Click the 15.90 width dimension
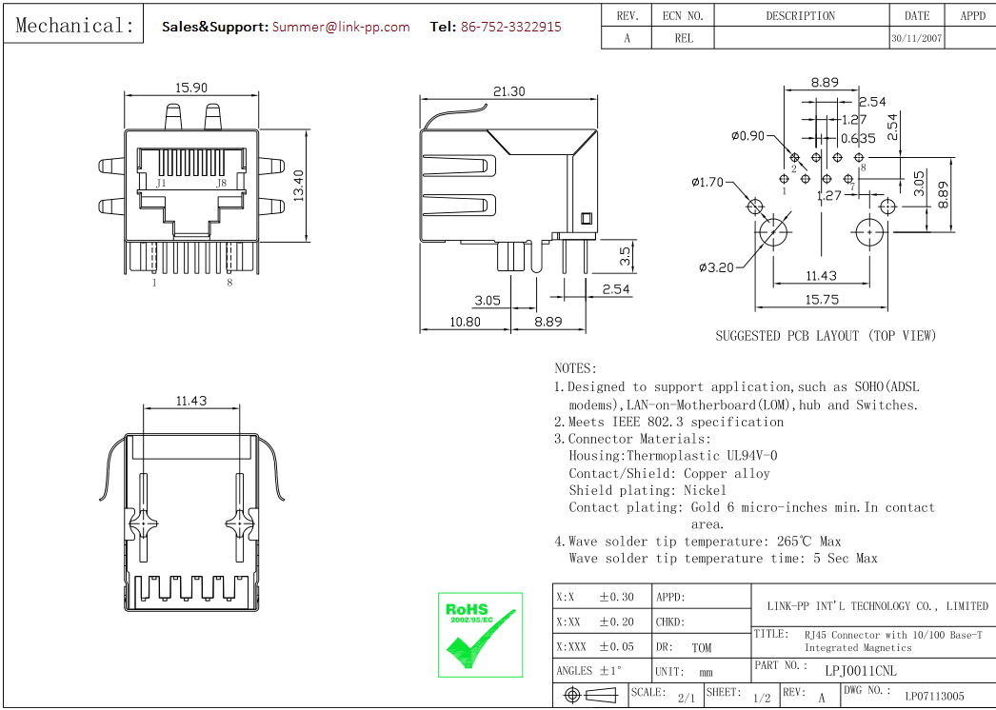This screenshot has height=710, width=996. [x=190, y=88]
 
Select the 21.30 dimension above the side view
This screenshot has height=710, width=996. [x=509, y=91]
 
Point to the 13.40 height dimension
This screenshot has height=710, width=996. [x=298, y=186]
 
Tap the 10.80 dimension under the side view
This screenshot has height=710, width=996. [x=465, y=322]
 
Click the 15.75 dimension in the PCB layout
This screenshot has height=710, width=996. [x=821, y=299]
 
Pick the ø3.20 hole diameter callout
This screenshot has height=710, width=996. [x=716, y=267]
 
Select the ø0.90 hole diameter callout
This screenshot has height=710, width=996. [x=747, y=136]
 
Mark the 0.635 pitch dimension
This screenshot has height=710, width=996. [x=857, y=138]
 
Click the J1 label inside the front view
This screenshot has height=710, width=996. [x=161, y=183]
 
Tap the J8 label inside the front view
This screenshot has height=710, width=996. [x=221, y=183]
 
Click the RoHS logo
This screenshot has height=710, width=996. [x=480, y=635]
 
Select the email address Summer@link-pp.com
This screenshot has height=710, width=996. [x=341, y=27]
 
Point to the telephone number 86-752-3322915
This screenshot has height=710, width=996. [x=510, y=27]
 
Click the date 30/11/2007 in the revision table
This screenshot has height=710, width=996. [x=917, y=39]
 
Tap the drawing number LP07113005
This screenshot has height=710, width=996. [x=934, y=697]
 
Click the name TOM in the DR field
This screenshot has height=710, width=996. [x=701, y=648]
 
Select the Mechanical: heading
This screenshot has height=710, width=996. [x=75, y=26]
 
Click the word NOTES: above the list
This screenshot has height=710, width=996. [x=575, y=368]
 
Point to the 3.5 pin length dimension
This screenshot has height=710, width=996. [x=625, y=255]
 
